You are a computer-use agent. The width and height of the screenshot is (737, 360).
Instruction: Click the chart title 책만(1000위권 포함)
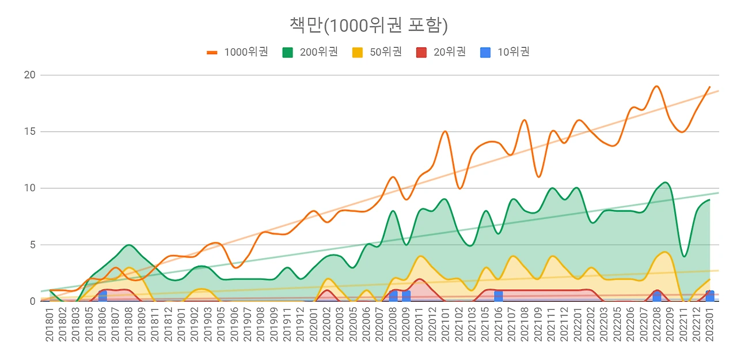tap(368, 25)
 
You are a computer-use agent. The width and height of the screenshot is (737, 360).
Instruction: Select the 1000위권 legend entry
tap(237, 52)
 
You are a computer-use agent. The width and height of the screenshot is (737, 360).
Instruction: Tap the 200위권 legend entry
tap(310, 52)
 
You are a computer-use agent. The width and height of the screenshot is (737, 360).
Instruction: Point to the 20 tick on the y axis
tap(30, 75)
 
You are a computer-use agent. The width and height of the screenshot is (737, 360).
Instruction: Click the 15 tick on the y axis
tap(30, 131)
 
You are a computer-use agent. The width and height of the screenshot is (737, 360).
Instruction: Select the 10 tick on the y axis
tap(30, 188)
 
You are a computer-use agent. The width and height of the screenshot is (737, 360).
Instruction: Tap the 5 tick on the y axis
tap(32, 244)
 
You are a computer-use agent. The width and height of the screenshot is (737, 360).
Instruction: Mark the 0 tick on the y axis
tap(32, 301)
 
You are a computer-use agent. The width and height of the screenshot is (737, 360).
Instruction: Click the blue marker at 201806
tap(102, 295)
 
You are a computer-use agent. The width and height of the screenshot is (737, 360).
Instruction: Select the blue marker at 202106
tap(498, 295)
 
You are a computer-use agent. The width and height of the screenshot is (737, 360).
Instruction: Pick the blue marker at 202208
tap(657, 295)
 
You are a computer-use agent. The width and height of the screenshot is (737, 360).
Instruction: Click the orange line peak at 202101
tap(445, 131)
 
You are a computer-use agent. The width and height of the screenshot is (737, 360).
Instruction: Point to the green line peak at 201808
tap(129, 245)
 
